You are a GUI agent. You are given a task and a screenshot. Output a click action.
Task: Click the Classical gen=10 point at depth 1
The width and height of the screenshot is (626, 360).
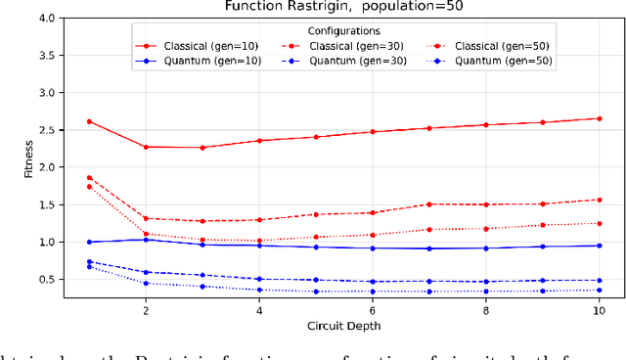click(x=90, y=121)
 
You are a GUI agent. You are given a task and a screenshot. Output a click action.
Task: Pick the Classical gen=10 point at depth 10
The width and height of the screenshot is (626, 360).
click(x=600, y=118)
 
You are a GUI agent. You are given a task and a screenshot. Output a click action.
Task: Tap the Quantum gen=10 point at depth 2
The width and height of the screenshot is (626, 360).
click(x=147, y=240)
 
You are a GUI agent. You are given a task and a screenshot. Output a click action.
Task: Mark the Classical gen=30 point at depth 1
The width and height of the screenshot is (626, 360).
click(x=90, y=178)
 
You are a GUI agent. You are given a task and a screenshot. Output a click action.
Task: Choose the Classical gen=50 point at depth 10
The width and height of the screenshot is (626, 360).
click(x=600, y=223)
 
